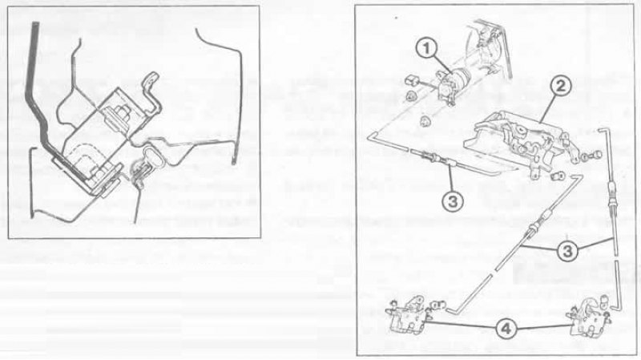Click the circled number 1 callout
(427, 49)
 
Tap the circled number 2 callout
(560, 87)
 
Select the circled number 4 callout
(506, 328)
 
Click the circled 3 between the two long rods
(568, 251)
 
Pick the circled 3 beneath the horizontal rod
(453, 201)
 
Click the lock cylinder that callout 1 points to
(452, 85)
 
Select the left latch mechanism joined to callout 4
(409, 314)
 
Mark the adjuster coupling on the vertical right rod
(611, 192)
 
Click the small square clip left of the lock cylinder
(411, 80)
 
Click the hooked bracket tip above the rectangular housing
(151, 76)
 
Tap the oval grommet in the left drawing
(152, 156)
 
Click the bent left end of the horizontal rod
(371, 136)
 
